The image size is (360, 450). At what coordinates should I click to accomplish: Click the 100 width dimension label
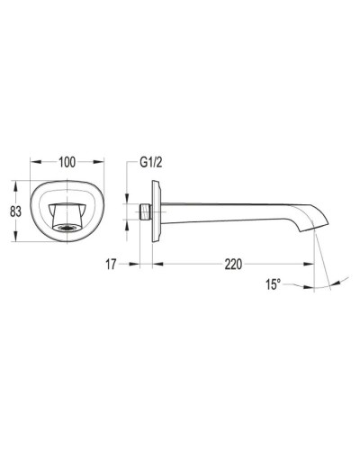pyautogui.click(x=66, y=163)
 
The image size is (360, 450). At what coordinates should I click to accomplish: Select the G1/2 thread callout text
pyautogui.click(x=150, y=164)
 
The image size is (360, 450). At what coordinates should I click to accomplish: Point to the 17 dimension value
pyautogui.click(x=112, y=264)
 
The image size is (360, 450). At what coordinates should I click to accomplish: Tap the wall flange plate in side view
pyautogui.click(x=158, y=211)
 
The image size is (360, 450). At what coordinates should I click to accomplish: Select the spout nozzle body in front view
pyautogui.click(x=66, y=215)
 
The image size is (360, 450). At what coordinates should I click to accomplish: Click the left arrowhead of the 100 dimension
pyautogui.click(x=33, y=163)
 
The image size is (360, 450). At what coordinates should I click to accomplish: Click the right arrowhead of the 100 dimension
pyautogui.click(x=98, y=163)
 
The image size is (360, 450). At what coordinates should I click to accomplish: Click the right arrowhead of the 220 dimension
pyautogui.click(x=314, y=264)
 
